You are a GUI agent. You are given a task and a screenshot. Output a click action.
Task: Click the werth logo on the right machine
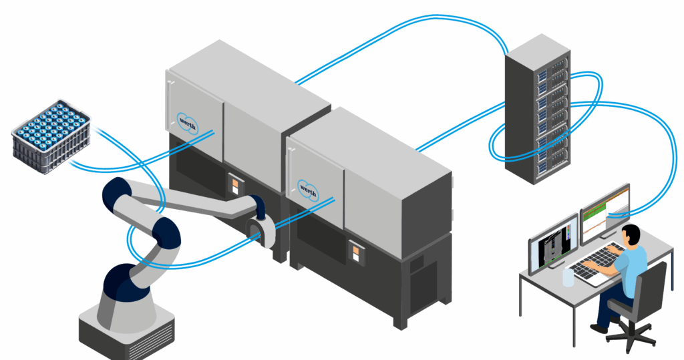tap(309, 186)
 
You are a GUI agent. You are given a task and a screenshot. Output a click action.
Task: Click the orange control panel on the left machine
tap(234, 184)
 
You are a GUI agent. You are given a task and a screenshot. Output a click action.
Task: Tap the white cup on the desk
tap(568, 276)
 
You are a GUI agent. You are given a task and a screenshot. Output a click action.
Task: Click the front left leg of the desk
tap(524, 298)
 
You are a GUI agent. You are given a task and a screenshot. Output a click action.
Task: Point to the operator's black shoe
tap(599, 328)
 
